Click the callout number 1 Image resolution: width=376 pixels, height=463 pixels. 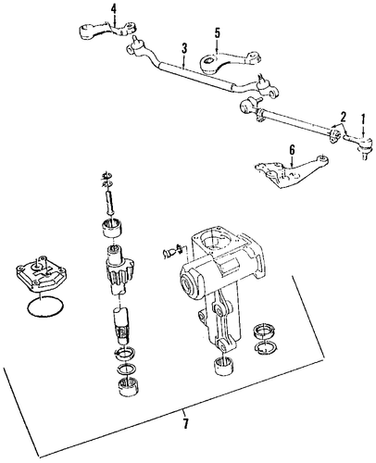[x=363, y=119]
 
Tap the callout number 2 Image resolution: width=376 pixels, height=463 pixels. [x=343, y=117]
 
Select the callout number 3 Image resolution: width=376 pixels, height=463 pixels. [x=184, y=48]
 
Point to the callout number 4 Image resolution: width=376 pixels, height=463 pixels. [x=114, y=9]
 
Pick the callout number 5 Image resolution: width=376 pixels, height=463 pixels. [x=218, y=33]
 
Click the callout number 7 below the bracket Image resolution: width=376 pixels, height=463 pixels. [x=185, y=424]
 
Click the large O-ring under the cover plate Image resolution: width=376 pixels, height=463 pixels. [x=45, y=307]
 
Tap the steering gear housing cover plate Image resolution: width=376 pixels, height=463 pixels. [x=41, y=273]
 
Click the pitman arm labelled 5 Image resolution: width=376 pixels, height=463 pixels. [x=231, y=62]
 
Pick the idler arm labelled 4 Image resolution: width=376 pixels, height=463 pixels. [x=108, y=30]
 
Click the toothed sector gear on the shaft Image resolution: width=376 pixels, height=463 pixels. [x=120, y=272]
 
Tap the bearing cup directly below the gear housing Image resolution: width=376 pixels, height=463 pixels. [x=224, y=366]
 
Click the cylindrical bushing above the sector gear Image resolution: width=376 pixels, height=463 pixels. [x=111, y=228]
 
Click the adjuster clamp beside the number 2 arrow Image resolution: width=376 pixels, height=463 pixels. [x=333, y=136]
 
